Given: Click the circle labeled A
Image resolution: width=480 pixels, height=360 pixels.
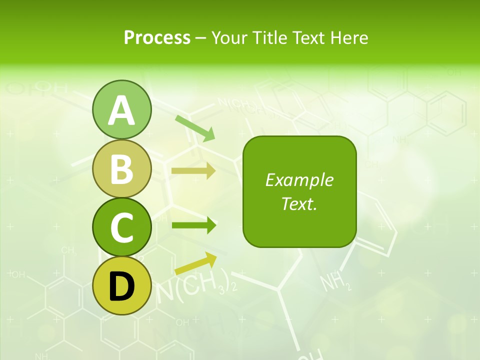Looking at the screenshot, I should tap(121, 109).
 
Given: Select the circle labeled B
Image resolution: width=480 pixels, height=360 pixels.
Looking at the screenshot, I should tap(121, 168).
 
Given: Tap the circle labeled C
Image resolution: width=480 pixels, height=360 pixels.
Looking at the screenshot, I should tap(121, 227).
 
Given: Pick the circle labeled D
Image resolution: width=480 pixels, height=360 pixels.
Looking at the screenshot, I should tap(121, 285).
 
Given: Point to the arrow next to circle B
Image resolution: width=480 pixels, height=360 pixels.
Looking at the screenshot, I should tap(193, 171).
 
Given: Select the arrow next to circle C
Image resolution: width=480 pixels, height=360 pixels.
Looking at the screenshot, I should tap(194, 225).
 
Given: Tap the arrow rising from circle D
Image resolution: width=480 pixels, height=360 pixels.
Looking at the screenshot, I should tap(195, 263).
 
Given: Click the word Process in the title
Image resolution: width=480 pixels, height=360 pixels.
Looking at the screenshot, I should tap(157, 37).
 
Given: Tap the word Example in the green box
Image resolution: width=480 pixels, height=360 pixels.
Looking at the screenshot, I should tap(299, 180).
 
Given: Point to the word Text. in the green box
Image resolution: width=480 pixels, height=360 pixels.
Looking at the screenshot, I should tap(299, 203).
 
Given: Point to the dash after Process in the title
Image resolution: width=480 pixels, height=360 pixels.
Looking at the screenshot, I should tap(200, 38).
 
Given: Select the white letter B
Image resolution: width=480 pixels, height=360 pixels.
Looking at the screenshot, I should tap(121, 168).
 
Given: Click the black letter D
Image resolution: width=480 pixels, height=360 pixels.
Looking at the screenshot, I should tap(121, 286).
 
